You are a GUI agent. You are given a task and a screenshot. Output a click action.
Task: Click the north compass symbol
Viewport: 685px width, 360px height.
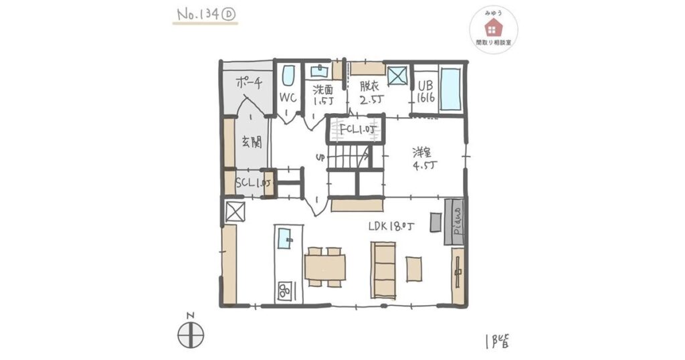(191, 332)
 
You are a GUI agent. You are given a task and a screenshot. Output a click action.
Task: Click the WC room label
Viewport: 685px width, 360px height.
(287, 97)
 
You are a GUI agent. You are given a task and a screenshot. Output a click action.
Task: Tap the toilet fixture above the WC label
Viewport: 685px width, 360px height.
(289, 76)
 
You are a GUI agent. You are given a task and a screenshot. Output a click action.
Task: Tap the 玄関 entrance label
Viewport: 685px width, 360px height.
(251, 142)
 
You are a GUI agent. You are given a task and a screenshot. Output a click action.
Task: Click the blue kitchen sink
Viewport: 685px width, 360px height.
(286, 237)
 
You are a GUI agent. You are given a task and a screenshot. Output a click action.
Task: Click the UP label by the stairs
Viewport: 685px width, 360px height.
(320, 159)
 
